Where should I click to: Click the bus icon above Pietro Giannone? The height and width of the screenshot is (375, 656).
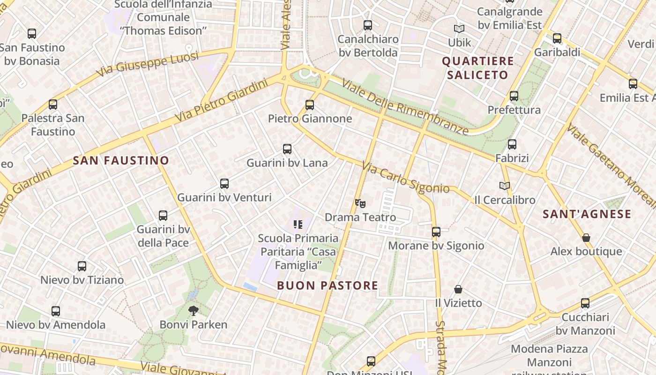coord(309,105)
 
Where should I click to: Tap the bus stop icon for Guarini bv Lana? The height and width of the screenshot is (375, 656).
coord(287,150)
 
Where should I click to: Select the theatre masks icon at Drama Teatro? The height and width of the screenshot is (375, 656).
coord(360,203)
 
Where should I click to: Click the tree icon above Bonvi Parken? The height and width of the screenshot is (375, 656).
coord(193,310)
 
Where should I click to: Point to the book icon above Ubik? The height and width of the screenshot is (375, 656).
coord(459,29)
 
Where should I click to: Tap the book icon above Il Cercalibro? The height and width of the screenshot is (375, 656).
coord(505,186)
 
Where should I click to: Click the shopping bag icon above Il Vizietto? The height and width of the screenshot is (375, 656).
coord(458,289)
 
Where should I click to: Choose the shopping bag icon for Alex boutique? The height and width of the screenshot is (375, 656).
coord(586,238)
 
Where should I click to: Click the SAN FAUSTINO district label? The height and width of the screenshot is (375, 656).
coord(121,161)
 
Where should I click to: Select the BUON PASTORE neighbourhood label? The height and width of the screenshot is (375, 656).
coord(328,285)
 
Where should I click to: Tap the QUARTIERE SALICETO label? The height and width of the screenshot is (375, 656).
coord(478,68)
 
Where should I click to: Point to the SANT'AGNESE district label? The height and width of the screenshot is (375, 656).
coord(587,214)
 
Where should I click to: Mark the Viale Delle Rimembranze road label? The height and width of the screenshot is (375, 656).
coord(405,107)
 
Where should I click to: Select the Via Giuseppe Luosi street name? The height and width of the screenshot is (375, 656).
coord(148,65)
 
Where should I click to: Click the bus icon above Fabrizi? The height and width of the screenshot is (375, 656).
coord(512,144)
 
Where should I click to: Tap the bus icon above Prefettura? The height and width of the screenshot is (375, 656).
coord(514,96)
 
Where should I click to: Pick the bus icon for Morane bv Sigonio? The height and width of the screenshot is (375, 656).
coord(436,232)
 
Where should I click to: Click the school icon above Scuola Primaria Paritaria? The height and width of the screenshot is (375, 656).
coord(298,225)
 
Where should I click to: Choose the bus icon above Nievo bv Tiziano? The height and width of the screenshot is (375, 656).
coord(82,266)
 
